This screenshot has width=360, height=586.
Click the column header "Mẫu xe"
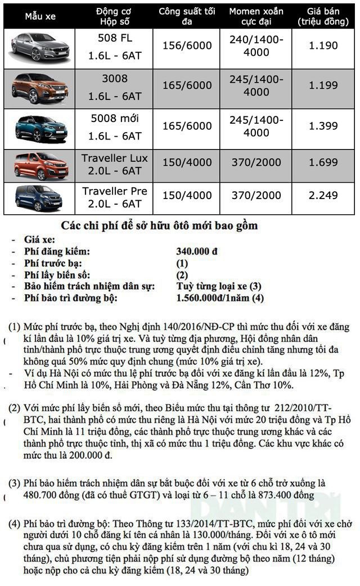pos(40,16)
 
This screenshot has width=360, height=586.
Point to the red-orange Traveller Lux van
pos(39,165)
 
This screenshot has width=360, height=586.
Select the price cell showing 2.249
pos(323,195)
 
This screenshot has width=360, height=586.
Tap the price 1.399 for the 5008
pos(323,125)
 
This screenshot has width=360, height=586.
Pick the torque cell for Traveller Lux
pos(256,163)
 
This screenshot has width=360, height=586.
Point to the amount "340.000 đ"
pos(197,253)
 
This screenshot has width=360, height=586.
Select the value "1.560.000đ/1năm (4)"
pos(220,298)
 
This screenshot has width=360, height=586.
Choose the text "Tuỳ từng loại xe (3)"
pos(219,287)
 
